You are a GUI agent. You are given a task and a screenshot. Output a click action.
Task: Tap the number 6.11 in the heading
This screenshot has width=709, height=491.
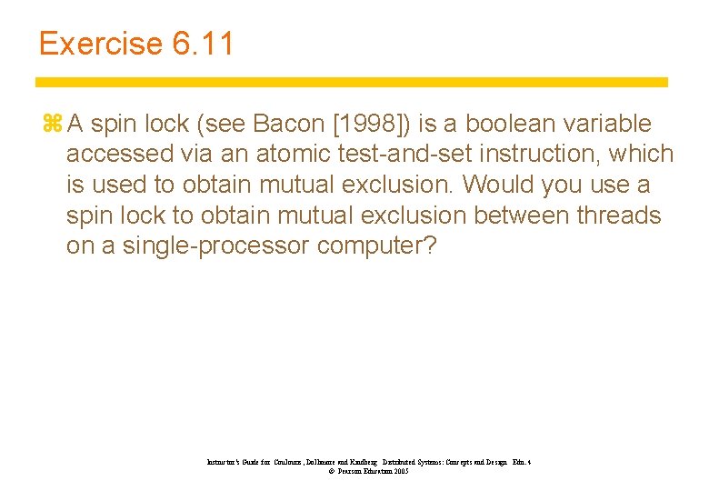201,44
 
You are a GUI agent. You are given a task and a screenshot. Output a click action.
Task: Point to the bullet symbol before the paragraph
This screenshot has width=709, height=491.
50,124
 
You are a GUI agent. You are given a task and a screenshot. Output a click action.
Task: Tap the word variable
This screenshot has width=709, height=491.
606,124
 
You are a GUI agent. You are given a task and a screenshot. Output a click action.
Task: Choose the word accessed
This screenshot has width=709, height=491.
121,155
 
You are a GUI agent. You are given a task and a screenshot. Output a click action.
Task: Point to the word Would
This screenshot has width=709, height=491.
497,185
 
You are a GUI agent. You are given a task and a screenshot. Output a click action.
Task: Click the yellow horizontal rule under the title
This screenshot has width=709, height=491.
352,82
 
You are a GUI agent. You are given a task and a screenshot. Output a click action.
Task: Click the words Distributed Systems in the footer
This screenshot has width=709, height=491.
420,462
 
